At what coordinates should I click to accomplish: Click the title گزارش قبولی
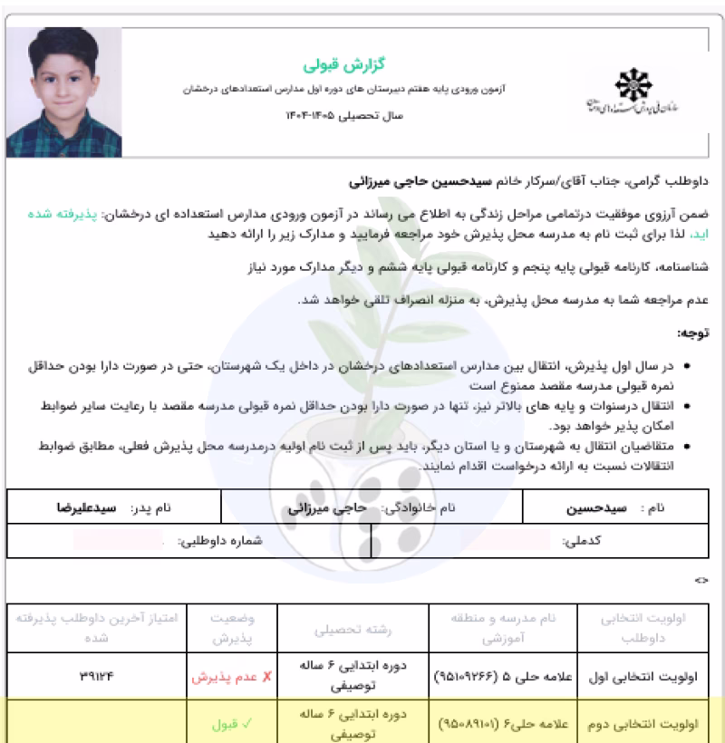(x=329, y=66)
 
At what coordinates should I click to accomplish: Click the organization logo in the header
(x=626, y=91)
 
